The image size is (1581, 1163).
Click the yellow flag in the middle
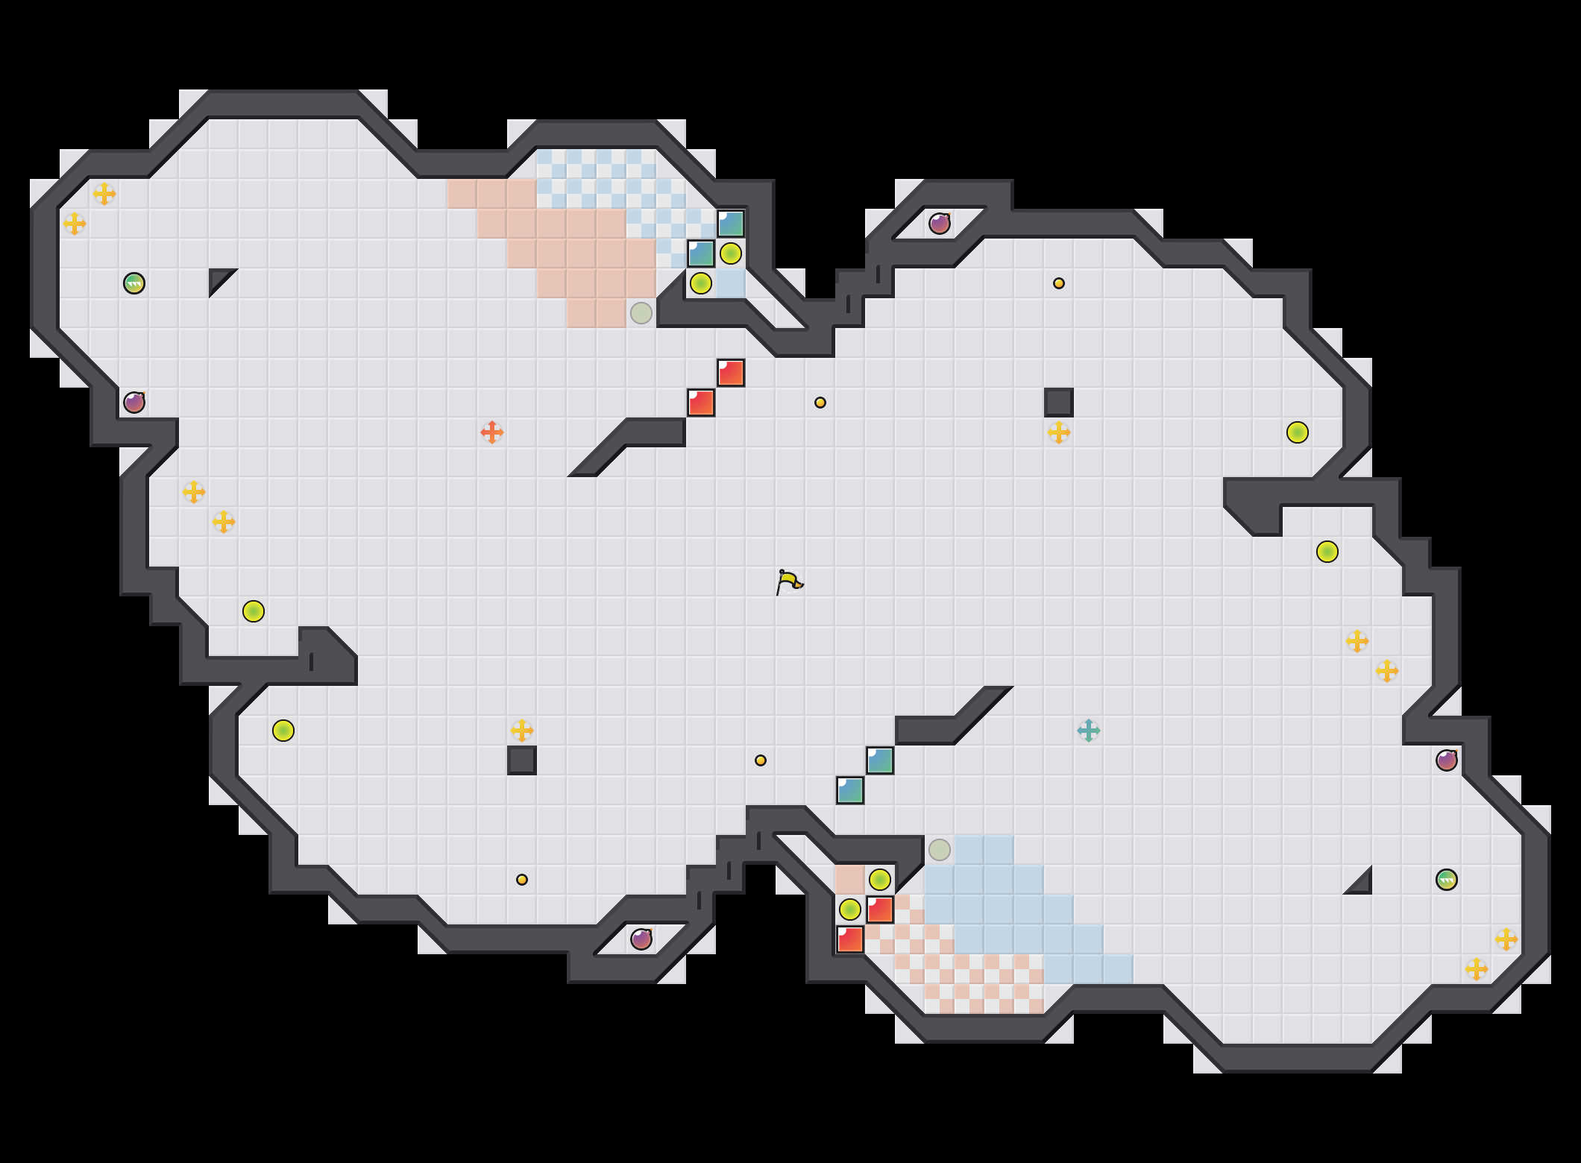(x=789, y=581)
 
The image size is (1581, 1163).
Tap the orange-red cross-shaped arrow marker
(x=492, y=432)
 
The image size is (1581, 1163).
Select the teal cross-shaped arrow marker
(x=1089, y=731)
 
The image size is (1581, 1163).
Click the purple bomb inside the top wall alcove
(x=940, y=224)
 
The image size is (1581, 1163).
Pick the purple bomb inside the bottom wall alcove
(x=641, y=939)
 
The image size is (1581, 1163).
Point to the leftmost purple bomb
(x=134, y=403)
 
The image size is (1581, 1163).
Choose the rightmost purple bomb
(x=1447, y=760)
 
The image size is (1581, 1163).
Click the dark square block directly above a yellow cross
(x=1059, y=403)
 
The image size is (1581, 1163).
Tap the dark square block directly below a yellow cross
(x=522, y=760)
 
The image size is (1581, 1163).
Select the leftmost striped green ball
(x=134, y=283)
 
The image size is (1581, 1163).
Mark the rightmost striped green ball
(x=1447, y=880)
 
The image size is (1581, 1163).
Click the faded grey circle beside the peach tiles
(x=641, y=313)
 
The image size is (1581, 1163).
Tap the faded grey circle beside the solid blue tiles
(x=940, y=850)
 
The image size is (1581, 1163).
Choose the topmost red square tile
(x=731, y=373)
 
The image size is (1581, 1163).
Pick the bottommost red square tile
(x=850, y=939)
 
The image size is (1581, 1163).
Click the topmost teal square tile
(x=731, y=224)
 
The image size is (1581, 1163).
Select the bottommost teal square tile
(x=850, y=790)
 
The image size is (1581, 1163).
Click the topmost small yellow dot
(x=1059, y=283)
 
